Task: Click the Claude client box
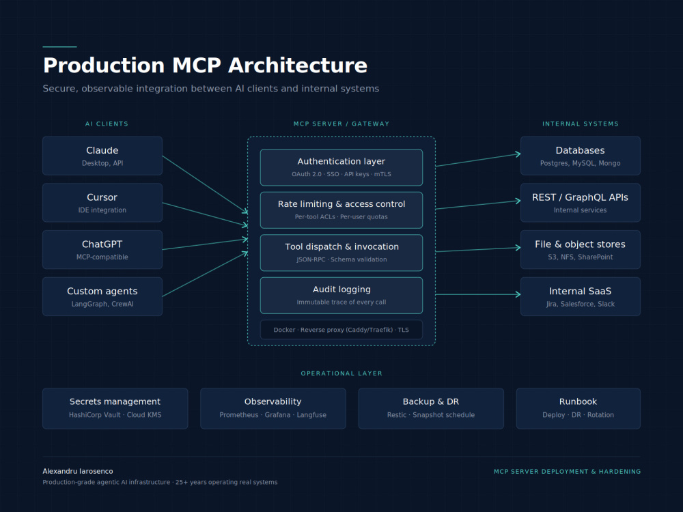102,156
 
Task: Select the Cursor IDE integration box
102,203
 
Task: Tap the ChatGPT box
102,249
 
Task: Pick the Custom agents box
102,296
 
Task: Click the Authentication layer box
341,168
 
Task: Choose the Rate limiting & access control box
341,210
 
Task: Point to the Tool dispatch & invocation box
341,253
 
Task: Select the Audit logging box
341,296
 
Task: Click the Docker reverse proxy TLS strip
341,330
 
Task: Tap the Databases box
580,156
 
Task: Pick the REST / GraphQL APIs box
580,203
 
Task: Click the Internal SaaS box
580,296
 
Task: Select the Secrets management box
115,408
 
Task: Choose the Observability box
273,408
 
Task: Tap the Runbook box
579,408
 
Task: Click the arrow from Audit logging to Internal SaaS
478,295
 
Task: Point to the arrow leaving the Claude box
205,184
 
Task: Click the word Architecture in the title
298,66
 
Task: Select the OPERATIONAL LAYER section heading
341,373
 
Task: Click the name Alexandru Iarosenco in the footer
78,471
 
